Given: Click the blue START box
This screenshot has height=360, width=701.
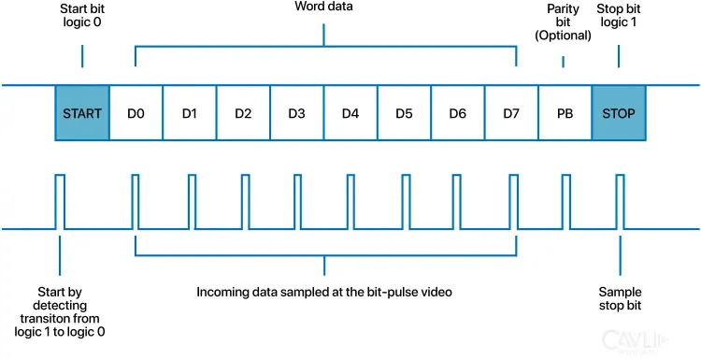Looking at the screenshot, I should (82, 114).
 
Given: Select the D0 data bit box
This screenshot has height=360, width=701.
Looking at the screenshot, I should (136, 114).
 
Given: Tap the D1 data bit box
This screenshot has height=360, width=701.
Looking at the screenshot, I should (189, 114).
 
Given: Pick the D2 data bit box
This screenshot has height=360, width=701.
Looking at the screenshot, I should (243, 114).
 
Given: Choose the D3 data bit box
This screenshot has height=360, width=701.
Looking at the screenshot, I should (296, 114).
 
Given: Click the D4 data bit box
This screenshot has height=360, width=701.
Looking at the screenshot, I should (350, 114).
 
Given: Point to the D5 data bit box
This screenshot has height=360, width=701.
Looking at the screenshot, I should (404, 114).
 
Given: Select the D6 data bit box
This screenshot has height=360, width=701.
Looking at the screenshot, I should (457, 114).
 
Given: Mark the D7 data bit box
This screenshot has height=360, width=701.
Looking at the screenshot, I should (511, 114).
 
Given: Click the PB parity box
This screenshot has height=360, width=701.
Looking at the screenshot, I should (565, 114).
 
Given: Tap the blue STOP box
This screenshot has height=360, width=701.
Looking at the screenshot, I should (619, 114).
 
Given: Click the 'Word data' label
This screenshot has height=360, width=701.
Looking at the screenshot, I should (324, 8).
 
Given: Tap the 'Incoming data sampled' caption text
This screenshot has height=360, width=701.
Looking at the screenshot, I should (324, 292).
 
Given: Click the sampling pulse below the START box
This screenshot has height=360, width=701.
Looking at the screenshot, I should (60, 201).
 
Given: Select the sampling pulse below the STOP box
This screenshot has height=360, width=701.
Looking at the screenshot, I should (619, 201).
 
